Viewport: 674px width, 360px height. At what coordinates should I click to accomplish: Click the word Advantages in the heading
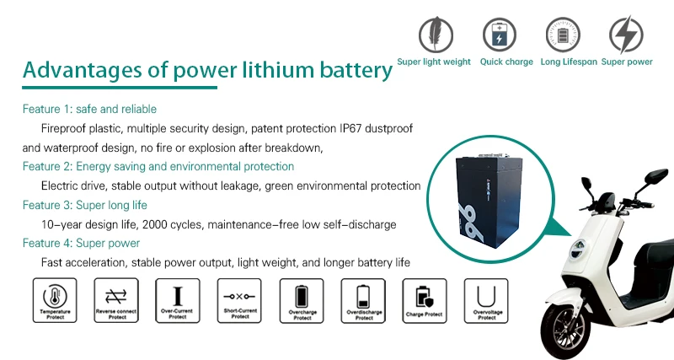tap(77, 71)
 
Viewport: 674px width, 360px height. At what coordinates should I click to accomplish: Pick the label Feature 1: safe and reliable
tap(89, 109)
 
